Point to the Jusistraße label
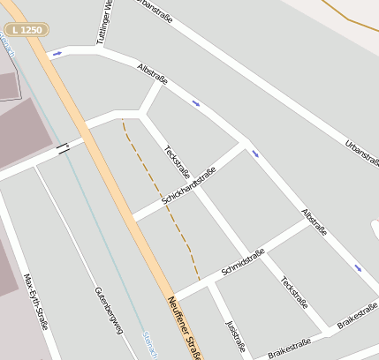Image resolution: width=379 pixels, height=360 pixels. click(234, 337)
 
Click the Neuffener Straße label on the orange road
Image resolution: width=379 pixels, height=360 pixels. click(184, 326)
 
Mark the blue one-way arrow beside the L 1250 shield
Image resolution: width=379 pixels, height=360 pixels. click(57, 54)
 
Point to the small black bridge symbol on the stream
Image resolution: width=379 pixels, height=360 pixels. click(63, 148)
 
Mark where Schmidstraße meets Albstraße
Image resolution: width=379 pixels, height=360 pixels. click(310, 221)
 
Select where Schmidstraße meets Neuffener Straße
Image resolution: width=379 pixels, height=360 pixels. click(176, 298)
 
